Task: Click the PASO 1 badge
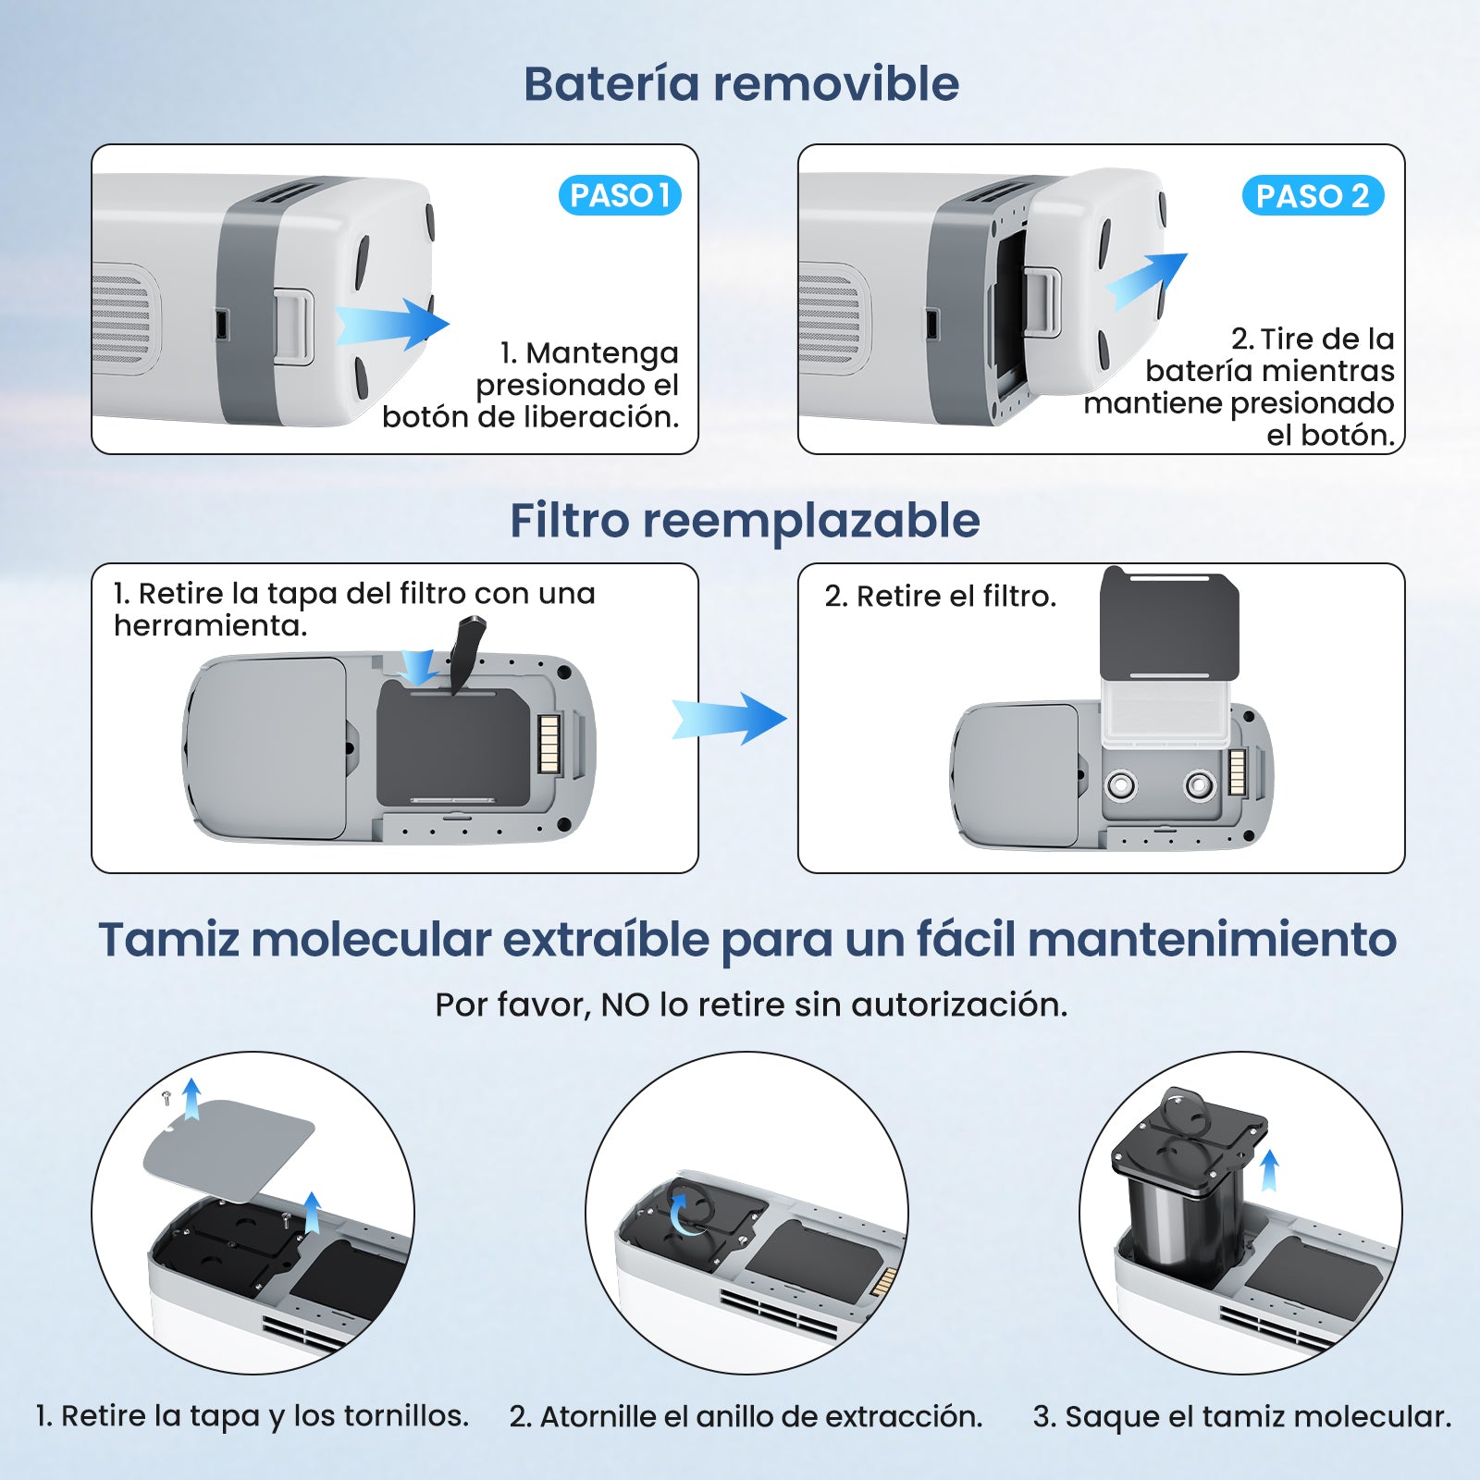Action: (x=620, y=195)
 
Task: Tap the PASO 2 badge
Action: (x=1312, y=195)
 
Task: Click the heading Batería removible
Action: (x=741, y=83)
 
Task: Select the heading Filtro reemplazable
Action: (x=745, y=520)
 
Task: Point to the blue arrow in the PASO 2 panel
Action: (x=1147, y=279)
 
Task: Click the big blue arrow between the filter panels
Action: (x=730, y=718)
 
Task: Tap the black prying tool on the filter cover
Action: (x=468, y=652)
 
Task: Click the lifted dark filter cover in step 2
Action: (x=1169, y=624)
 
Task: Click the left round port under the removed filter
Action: (x=1121, y=786)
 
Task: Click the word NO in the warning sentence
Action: (x=625, y=1005)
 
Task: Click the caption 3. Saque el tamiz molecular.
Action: (x=1241, y=1416)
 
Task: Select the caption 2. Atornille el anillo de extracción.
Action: (x=746, y=1416)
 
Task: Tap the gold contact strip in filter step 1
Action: (x=549, y=744)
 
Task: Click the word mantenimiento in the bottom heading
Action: (x=1212, y=940)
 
